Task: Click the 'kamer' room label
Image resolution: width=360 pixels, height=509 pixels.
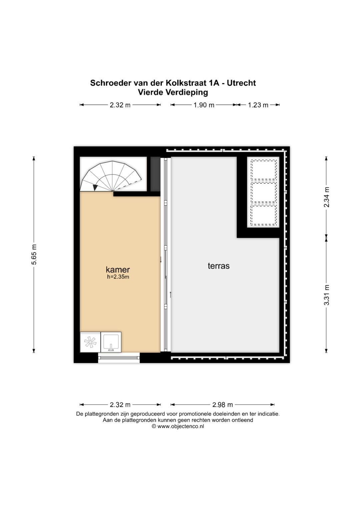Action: [x=118, y=269]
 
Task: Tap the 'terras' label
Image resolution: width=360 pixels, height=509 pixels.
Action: [x=219, y=266]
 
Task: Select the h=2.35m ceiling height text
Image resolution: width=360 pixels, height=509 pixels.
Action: [x=118, y=277]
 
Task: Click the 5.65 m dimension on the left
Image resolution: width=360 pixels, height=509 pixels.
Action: [x=34, y=254]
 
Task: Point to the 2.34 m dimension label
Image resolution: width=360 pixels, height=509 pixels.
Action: [x=327, y=197]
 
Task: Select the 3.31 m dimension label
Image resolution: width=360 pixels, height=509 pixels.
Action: [x=327, y=295]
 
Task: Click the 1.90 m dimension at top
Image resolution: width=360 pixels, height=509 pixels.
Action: [x=204, y=105]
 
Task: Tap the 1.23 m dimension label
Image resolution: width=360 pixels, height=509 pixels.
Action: [x=258, y=105]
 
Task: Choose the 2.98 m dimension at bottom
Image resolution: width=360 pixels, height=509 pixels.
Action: [x=223, y=405]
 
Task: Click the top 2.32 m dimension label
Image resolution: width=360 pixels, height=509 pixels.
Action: [x=120, y=105]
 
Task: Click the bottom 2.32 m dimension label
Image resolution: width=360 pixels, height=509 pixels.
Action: [x=120, y=405]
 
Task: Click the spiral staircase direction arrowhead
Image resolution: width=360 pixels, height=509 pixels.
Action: [x=95, y=188]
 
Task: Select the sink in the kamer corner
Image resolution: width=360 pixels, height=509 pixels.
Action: [x=111, y=342]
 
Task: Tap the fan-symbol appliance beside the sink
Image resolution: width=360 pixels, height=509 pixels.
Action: [x=90, y=342]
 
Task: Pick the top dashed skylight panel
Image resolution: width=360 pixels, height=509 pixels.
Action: [x=263, y=170]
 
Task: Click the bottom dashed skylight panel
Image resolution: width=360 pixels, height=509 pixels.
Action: [x=263, y=215]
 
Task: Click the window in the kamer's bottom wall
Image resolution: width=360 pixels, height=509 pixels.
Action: [x=119, y=358]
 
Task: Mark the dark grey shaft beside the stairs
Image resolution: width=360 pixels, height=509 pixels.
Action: [x=155, y=174]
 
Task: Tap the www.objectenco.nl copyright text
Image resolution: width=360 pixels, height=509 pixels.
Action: [x=178, y=426]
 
